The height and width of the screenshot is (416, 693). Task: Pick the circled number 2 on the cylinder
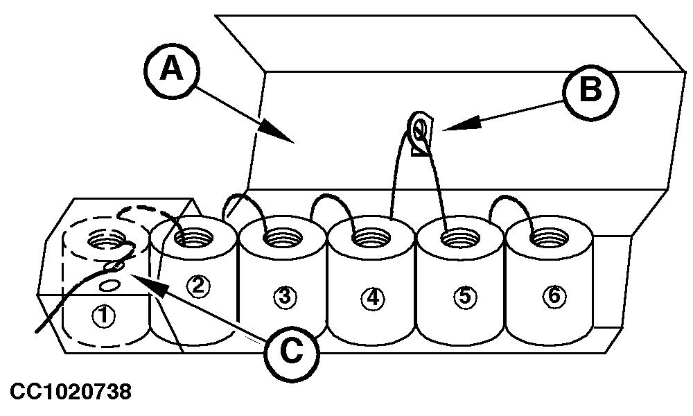click(x=199, y=286)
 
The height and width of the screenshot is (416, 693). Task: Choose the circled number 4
click(x=373, y=298)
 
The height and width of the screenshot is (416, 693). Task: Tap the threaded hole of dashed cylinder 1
click(x=105, y=243)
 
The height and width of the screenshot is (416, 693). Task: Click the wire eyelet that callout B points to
click(x=419, y=129)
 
